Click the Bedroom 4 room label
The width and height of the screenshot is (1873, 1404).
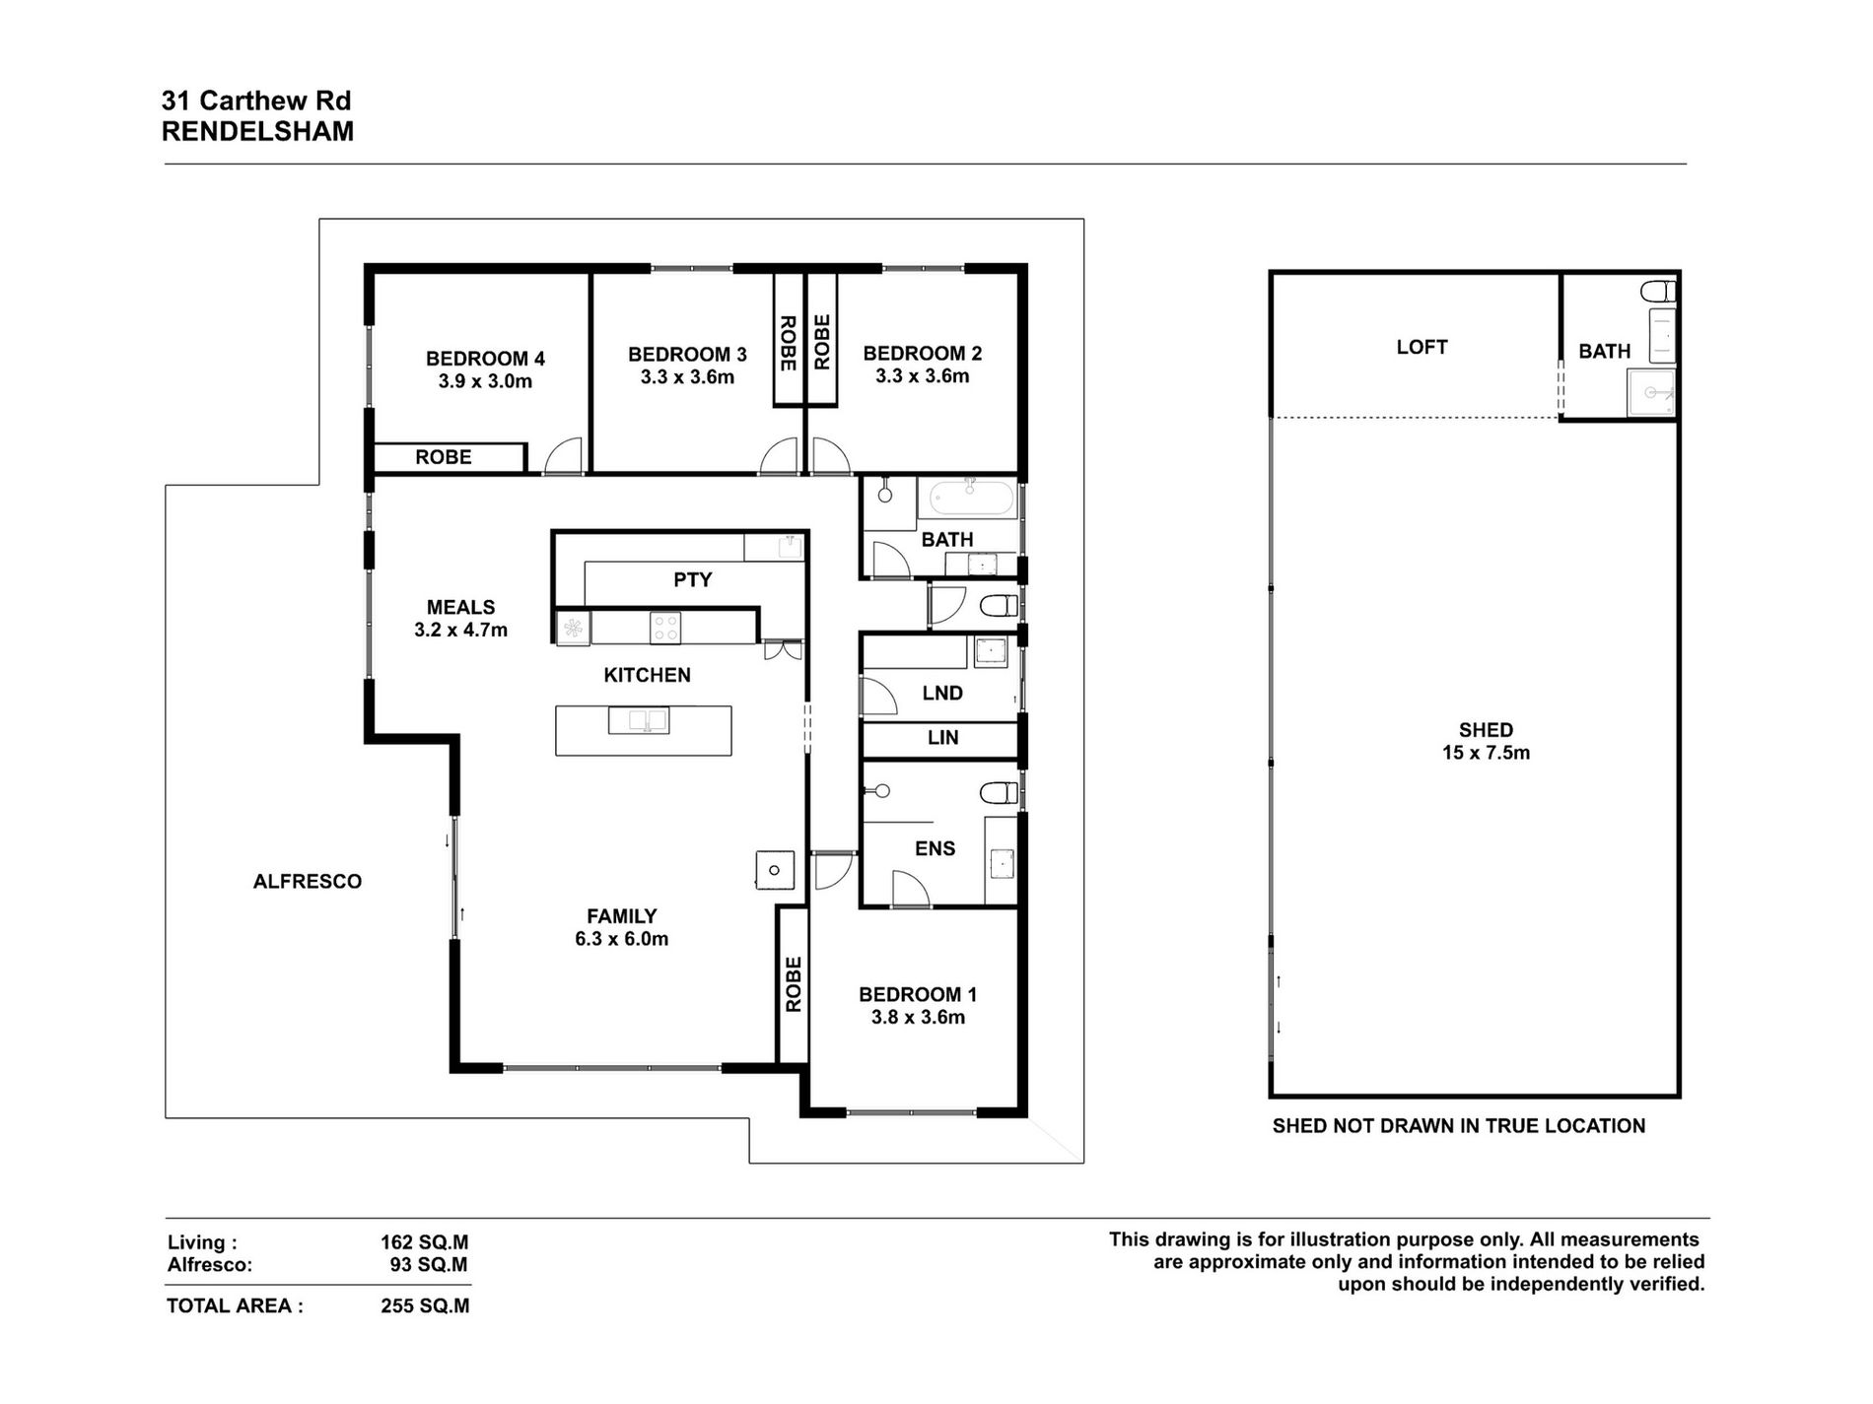click(x=485, y=359)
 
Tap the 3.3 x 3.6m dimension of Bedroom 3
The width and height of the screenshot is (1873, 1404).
click(x=687, y=377)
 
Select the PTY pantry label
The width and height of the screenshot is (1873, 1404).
click(x=692, y=579)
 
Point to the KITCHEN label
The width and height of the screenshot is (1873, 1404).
click(x=647, y=675)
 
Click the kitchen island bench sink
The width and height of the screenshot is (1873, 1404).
click(x=638, y=720)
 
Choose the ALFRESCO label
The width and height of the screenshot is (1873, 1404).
click(x=308, y=882)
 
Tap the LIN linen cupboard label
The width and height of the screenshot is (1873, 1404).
click(x=942, y=737)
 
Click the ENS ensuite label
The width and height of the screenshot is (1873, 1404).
click(x=935, y=848)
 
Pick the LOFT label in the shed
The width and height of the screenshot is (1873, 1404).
click(x=1422, y=347)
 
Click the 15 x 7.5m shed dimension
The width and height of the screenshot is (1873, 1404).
click(x=1486, y=754)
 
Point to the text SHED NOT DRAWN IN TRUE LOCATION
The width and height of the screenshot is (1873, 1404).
click(x=1459, y=1125)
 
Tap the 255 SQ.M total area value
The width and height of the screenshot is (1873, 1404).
click(x=425, y=1306)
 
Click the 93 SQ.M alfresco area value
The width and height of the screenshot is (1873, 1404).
click(x=429, y=1265)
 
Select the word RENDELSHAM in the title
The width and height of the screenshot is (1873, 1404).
click(x=257, y=132)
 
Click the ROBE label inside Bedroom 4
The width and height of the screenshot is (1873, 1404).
click(x=443, y=457)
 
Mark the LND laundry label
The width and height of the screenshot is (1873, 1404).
click(x=942, y=693)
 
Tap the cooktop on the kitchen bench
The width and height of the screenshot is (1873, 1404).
click(x=664, y=628)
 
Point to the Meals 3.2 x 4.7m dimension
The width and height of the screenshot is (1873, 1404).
click(x=460, y=631)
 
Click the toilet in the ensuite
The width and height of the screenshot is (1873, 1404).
click(x=999, y=792)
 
